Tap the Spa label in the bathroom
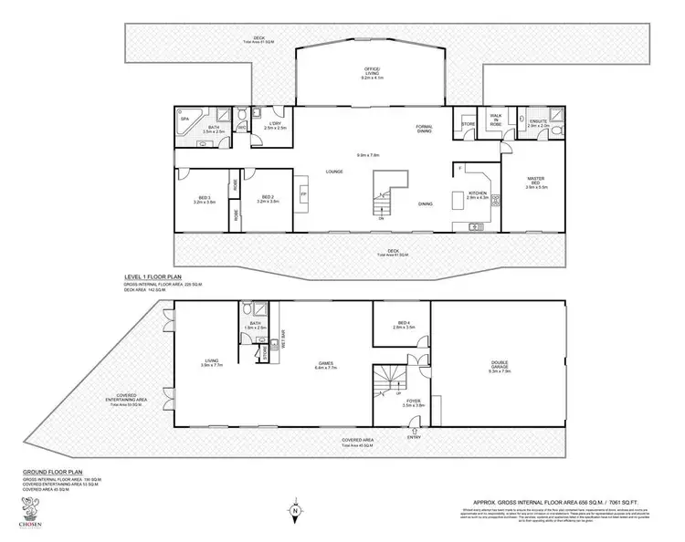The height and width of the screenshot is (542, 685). coord(184,119)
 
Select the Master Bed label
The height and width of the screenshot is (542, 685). coord(537,181)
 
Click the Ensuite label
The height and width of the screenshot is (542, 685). coord(538,124)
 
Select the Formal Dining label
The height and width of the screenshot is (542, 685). coord(424,129)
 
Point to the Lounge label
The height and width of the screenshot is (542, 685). coord(334,170)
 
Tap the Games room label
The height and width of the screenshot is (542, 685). coord(325,365)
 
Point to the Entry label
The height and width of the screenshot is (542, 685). coord(415,436)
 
